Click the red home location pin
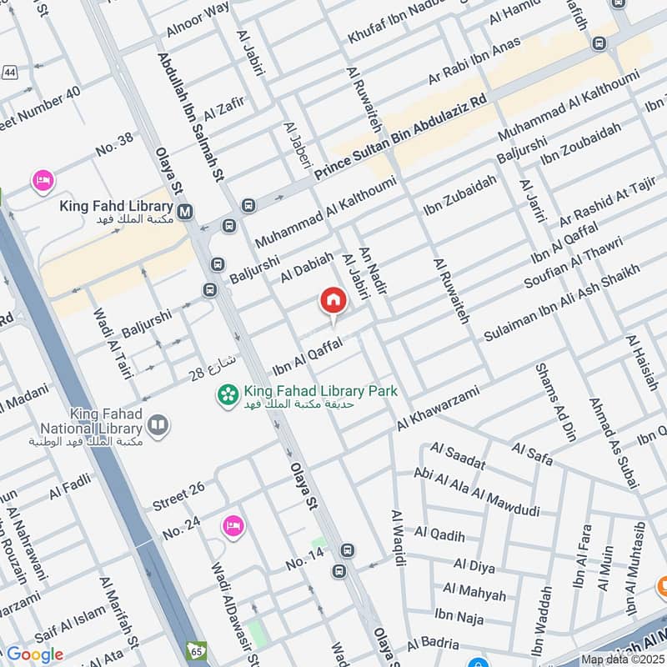tap(333, 301)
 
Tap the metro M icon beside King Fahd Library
tap(184, 212)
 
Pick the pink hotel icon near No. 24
tap(233, 525)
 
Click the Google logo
tap(34, 654)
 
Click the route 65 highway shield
tap(197, 649)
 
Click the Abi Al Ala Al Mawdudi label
tap(476, 493)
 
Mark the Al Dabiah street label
tap(307, 265)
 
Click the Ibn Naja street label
tap(459, 616)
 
